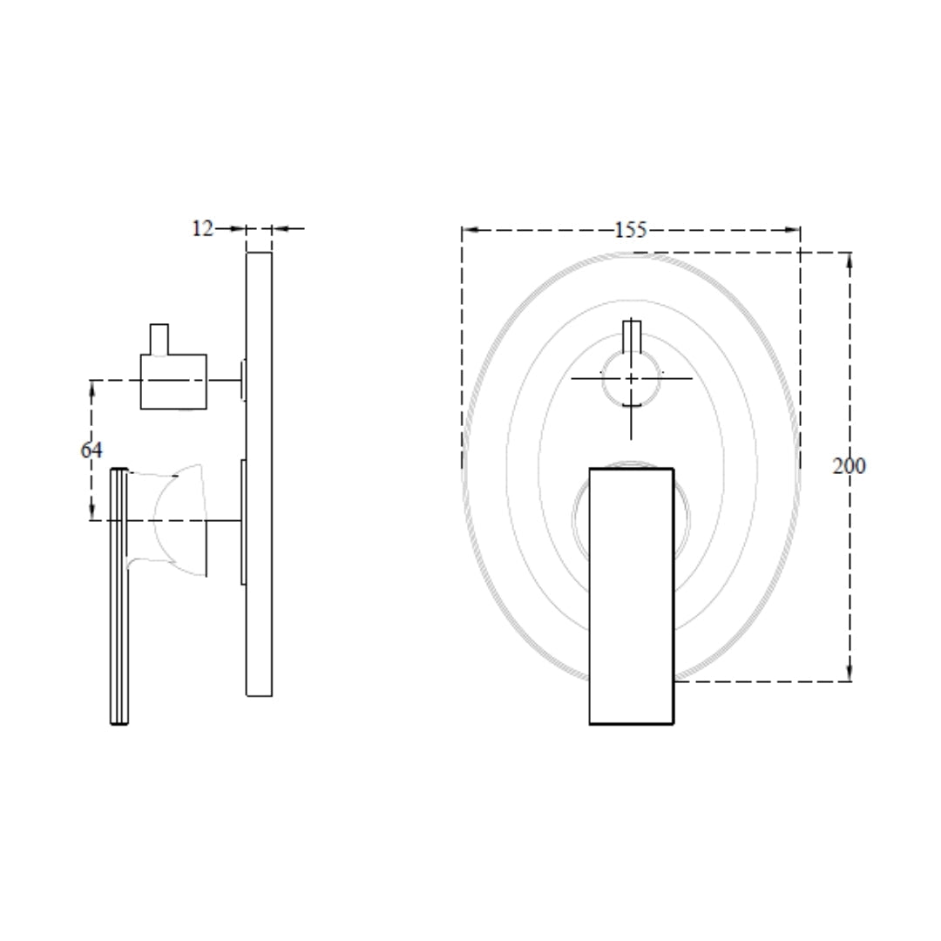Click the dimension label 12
pyautogui.click(x=202, y=228)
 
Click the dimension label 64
pyautogui.click(x=91, y=450)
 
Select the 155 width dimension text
pyautogui.click(x=631, y=230)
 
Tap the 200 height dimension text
pyautogui.click(x=849, y=465)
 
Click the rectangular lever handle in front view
pyautogui.click(x=632, y=596)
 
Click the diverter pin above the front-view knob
pyautogui.click(x=632, y=336)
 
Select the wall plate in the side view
pyautogui.click(x=260, y=474)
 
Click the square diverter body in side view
pyautogui.click(x=173, y=382)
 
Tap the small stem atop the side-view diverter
pyautogui.click(x=159, y=339)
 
